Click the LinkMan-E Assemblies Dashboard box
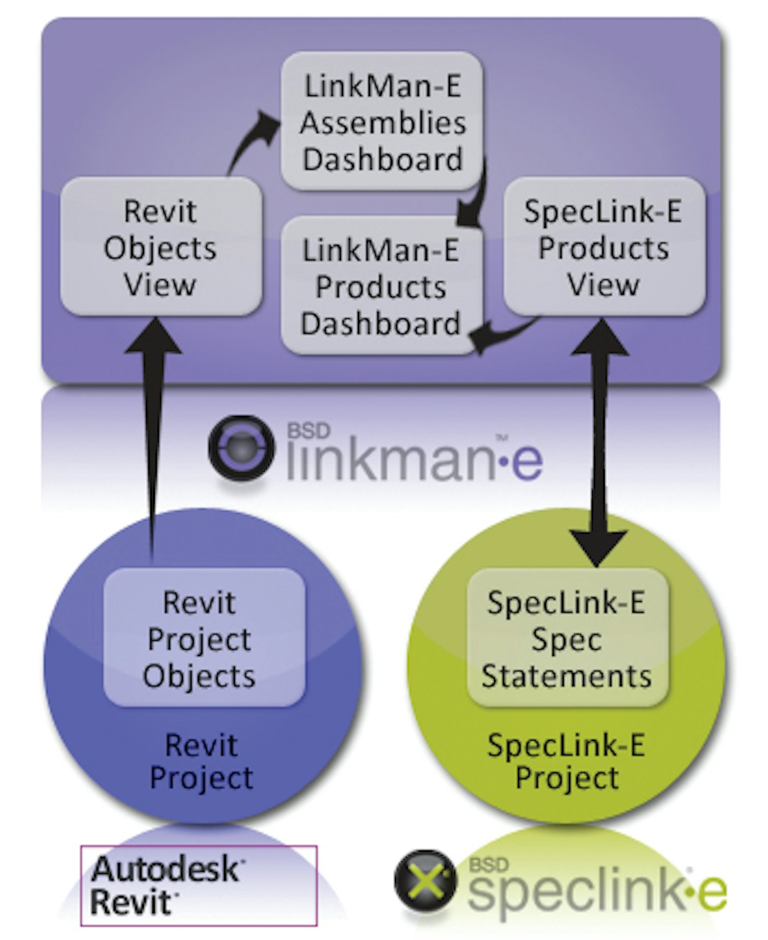point(382,121)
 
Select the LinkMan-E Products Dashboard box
point(382,286)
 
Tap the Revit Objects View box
point(161,247)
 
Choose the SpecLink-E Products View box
point(604,247)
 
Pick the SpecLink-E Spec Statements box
point(567,638)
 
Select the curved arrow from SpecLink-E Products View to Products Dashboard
point(506,334)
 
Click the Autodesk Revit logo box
point(198,885)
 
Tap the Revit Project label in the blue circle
point(201,762)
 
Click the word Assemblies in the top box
point(382,123)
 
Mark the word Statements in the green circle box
point(567,676)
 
